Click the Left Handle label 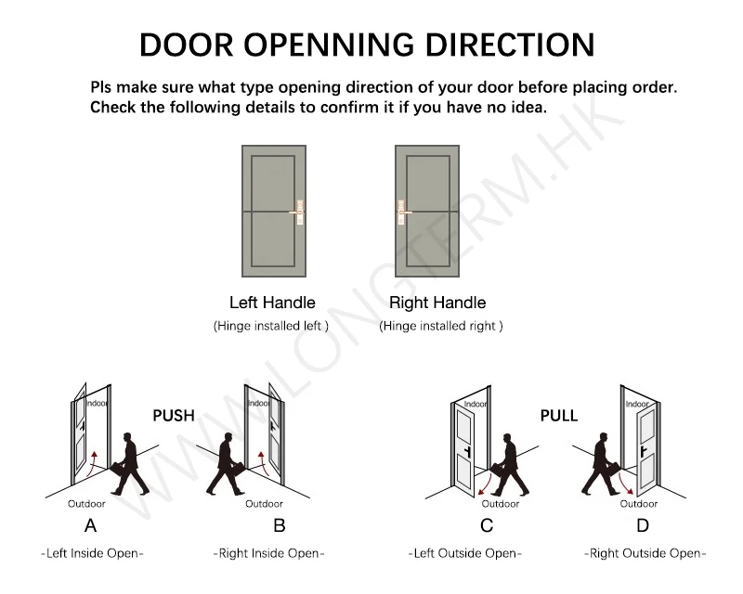coord(272,303)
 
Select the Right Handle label coord(437,303)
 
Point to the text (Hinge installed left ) coord(271,327)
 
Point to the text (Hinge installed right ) coord(441,327)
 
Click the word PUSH coord(174,415)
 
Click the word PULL coord(559,415)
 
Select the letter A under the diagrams coord(90,526)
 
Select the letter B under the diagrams coord(280,526)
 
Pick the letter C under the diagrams coord(487,526)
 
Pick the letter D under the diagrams coord(643,526)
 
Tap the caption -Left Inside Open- coord(92,554)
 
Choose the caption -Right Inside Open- coord(269,554)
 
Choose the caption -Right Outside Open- coord(645,554)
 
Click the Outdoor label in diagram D coord(639,504)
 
